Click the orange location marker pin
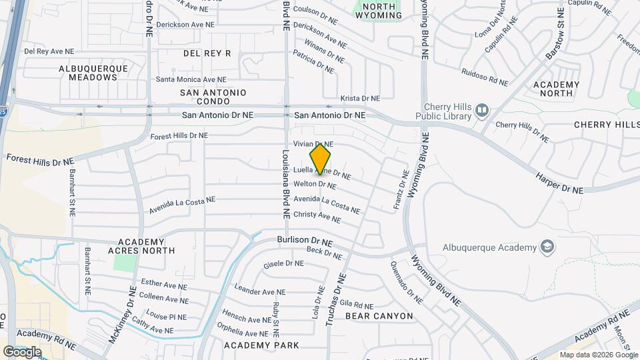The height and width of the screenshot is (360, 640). tap(321, 159)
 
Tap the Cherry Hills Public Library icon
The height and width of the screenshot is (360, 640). tap(482, 111)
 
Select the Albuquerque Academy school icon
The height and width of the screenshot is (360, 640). tap(547, 247)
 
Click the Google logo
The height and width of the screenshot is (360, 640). tap(22, 351)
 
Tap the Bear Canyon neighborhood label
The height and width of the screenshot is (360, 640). tap(379, 315)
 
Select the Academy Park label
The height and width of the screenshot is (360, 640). tap(261, 345)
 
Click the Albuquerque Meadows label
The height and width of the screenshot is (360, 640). tap(97, 73)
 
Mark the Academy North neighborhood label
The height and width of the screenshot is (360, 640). tap(557, 89)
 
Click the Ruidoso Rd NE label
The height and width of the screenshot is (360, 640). tap(485, 78)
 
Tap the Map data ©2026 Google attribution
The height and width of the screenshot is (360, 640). tap(597, 355)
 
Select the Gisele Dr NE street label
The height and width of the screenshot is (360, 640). tap(284, 263)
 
